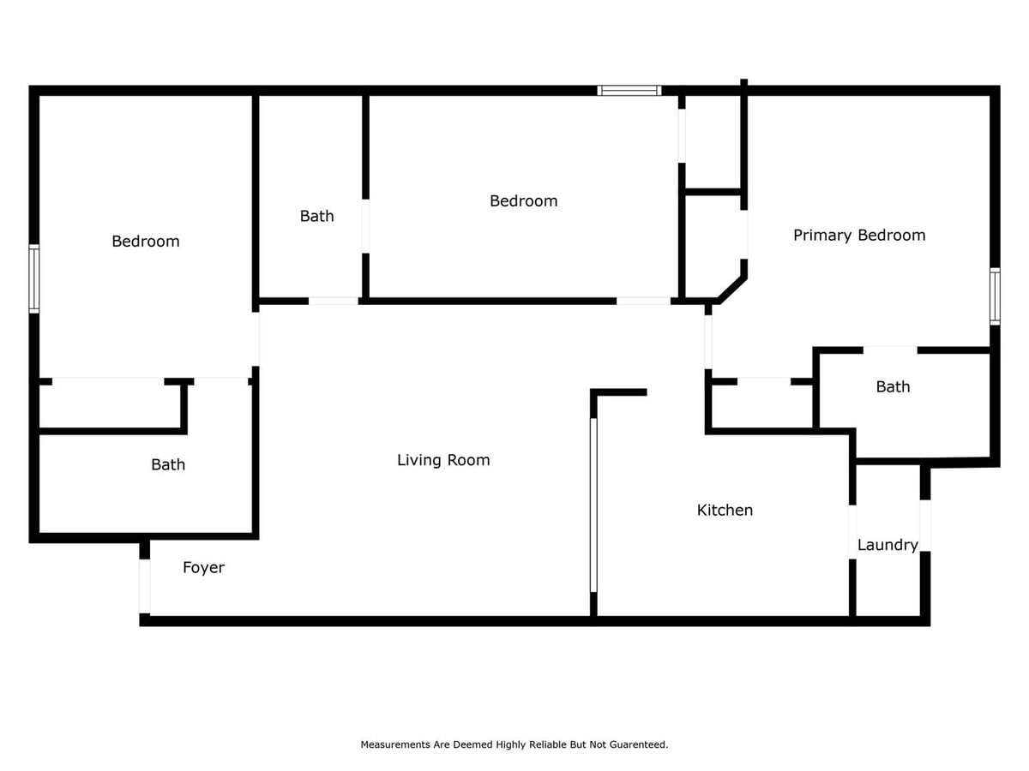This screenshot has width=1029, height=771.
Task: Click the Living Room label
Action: click(443, 460)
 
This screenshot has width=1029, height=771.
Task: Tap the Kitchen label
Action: click(725, 510)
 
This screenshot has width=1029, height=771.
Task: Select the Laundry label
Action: click(888, 545)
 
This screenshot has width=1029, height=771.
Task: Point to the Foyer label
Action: click(203, 567)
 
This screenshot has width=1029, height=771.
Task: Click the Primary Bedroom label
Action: click(859, 235)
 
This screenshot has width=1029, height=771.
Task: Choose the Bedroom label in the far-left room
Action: click(146, 241)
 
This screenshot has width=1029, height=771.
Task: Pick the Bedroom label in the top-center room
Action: click(523, 200)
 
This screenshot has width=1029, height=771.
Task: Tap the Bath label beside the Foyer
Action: click(168, 464)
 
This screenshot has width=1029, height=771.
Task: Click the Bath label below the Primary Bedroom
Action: click(893, 386)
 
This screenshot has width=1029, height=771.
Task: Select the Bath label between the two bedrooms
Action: click(316, 216)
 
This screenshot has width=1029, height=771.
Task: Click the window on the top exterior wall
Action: click(629, 90)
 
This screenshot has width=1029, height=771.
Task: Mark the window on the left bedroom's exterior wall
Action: click(34, 278)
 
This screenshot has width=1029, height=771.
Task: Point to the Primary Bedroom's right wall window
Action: click(995, 296)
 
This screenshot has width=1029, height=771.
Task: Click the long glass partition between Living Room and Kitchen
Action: click(593, 505)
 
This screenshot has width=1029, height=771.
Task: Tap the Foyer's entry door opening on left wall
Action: click(145, 586)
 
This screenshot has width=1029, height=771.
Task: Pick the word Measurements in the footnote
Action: click(394, 745)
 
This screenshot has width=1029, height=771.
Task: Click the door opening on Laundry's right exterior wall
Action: click(925, 524)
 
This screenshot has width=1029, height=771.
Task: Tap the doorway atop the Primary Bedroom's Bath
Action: click(890, 350)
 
